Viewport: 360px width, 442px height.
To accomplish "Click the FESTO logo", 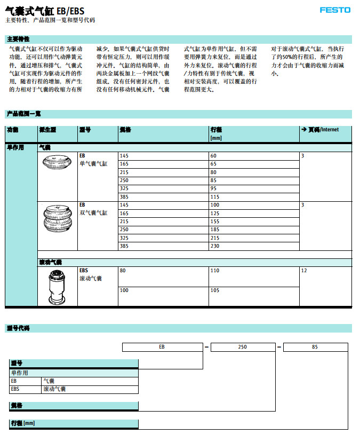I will [335, 10].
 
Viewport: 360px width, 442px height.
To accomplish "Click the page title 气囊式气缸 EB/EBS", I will [44, 10].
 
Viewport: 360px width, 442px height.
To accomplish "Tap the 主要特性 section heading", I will [18, 40].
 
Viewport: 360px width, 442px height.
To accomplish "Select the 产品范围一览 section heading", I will [23, 114].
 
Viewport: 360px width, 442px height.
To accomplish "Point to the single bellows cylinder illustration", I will [57, 162].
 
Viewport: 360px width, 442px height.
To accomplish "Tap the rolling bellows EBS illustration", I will [57, 286].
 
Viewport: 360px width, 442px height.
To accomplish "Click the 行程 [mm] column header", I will [217, 133].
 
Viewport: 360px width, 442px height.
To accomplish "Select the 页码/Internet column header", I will [320, 130].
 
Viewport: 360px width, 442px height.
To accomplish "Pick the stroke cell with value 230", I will [215, 246].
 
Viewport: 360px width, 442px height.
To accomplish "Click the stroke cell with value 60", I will [213, 155].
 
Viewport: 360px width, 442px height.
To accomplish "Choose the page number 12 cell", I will [304, 271].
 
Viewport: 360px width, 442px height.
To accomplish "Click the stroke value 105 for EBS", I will [215, 290].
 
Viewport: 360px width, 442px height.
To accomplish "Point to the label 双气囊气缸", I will [94, 212].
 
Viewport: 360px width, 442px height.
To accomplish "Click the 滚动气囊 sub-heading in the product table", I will [51, 262].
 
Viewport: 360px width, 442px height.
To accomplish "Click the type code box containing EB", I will [162, 347].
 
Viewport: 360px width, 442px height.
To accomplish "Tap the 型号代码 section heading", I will [18, 328].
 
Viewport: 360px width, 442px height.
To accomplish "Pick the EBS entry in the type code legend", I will [15, 389].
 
